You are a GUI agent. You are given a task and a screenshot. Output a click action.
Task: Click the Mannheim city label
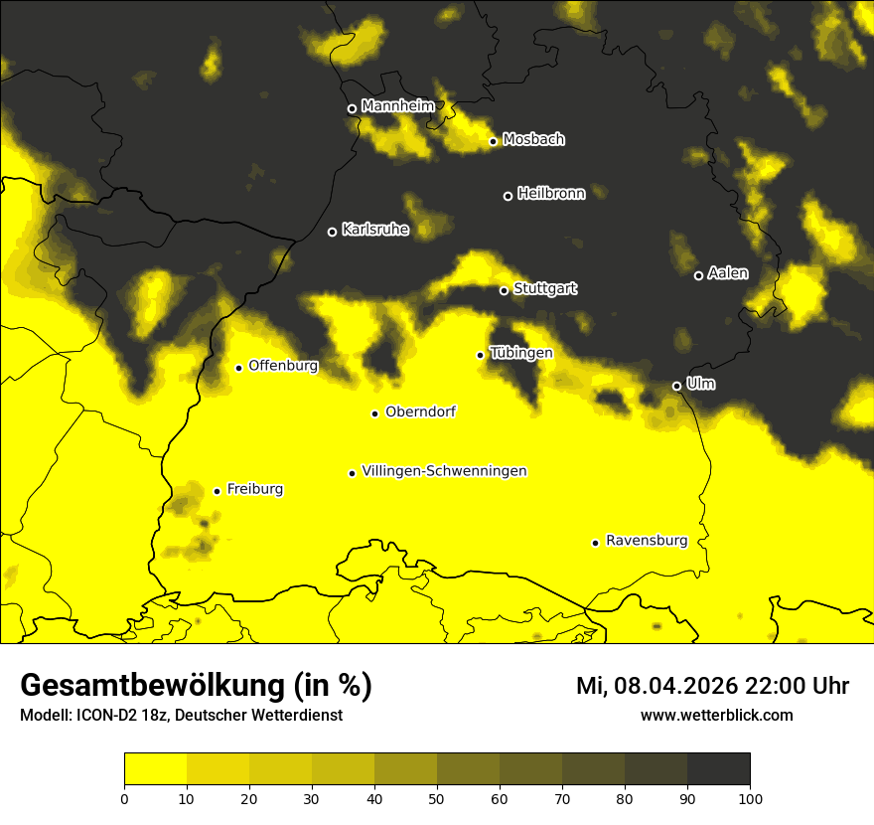click(x=398, y=106)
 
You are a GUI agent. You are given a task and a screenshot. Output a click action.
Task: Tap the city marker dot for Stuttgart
click(x=504, y=290)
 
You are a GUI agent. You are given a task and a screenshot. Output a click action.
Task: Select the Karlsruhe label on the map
click(x=375, y=230)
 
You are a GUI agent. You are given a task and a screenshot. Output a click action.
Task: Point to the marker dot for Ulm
click(x=676, y=386)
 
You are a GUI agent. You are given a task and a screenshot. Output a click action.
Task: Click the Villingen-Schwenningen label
click(x=444, y=471)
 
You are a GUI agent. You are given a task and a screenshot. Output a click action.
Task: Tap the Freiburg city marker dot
click(x=217, y=491)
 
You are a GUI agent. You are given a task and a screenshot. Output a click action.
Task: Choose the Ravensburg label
click(x=647, y=541)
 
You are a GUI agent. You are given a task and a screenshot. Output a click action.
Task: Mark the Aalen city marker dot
click(x=698, y=275)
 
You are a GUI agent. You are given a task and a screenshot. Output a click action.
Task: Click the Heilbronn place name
click(x=551, y=194)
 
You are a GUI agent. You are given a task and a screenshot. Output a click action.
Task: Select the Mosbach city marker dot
click(x=493, y=141)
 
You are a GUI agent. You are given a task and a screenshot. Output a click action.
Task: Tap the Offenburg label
click(x=283, y=366)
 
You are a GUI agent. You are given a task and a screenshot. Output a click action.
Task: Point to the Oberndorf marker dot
click(x=374, y=413)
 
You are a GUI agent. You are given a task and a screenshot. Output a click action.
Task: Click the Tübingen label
click(x=521, y=353)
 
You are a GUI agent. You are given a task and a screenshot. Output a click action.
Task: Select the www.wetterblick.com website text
click(x=716, y=715)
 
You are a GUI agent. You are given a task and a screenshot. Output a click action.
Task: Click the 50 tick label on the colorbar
click(x=437, y=797)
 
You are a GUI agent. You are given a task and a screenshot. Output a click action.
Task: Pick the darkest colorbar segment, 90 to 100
click(x=718, y=769)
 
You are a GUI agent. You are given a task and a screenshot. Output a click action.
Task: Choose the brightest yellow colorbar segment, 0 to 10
click(x=155, y=769)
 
